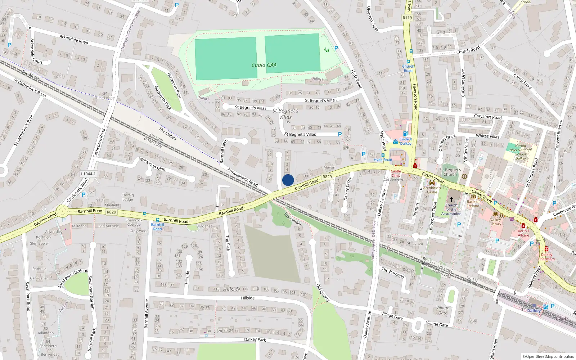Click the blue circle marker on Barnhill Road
(288, 180)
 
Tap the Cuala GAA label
(264, 65)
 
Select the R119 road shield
(407, 18)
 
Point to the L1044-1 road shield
(88, 174)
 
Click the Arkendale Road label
(74, 39)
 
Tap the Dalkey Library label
(495, 222)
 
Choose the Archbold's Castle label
(432, 190)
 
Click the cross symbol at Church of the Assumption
(451, 199)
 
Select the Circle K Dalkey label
(405, 141)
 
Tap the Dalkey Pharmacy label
(546, 257)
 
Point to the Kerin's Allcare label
(523, 233)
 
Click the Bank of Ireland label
(473, 204)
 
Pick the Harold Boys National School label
(521, 152)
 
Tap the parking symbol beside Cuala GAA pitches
(336, 48)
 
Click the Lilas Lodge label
(105, 98)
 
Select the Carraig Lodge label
(127, 197)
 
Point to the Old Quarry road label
(323, 292)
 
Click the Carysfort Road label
(487, 117)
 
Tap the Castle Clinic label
(396, 173)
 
